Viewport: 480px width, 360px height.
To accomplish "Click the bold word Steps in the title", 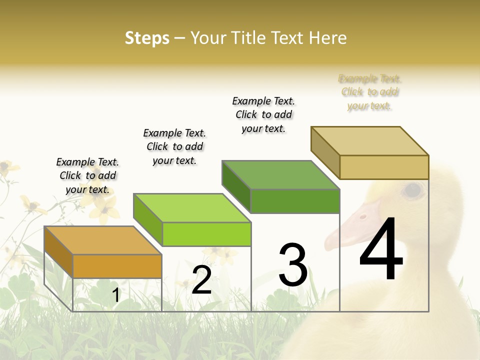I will click(x=147, y=38).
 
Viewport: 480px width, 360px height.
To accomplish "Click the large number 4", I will click(x=381, y=249).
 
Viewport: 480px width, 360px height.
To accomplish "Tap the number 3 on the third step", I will click(x=292, y=265).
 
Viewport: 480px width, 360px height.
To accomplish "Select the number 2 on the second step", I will click(x=201, y=280).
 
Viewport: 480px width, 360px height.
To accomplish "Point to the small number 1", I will click(x=115, y=295).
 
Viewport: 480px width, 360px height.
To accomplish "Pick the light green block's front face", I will click(x=206, y=234).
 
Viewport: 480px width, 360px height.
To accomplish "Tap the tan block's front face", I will click(x=384, y=167).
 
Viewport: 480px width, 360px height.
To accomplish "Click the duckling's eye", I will click(x=413, y=190).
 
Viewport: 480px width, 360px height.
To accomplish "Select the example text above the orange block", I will click(x=87, y=175).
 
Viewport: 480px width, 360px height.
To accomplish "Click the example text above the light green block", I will click(x=174, y=146).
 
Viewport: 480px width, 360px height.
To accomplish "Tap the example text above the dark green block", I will click(x=263, y=114).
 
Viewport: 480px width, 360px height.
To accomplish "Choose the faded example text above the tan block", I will click(x=370, y=92).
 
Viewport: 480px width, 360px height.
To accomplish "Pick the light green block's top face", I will click(x=192, y=208).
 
